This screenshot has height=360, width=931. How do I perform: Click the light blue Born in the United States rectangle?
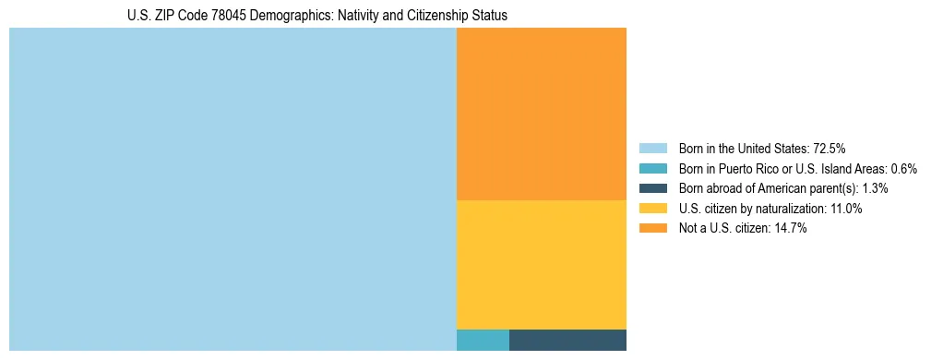(x=233, y=189)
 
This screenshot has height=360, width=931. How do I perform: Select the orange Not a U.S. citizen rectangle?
(x=541, y=114)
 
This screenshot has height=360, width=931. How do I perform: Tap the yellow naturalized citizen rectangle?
(x=541, y=264)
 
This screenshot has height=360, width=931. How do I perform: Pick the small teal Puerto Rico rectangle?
(x=483, y=340)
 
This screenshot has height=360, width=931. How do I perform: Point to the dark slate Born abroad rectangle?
(x=567, y=340)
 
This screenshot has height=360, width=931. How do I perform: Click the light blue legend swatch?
(x=652, y=148)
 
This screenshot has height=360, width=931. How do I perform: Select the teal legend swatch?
(x=652, y=168)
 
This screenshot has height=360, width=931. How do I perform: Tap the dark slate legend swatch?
(x=652, y=188)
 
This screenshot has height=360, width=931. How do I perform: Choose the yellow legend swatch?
(x=652, y=209)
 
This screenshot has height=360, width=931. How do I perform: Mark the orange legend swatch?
(x=652, y=229)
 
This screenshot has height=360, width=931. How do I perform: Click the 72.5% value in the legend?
(x=830, y=148)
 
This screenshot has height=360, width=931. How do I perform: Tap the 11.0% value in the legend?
(x=845, y=209)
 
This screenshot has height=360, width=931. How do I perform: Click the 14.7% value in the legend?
(x=791, y=229)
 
